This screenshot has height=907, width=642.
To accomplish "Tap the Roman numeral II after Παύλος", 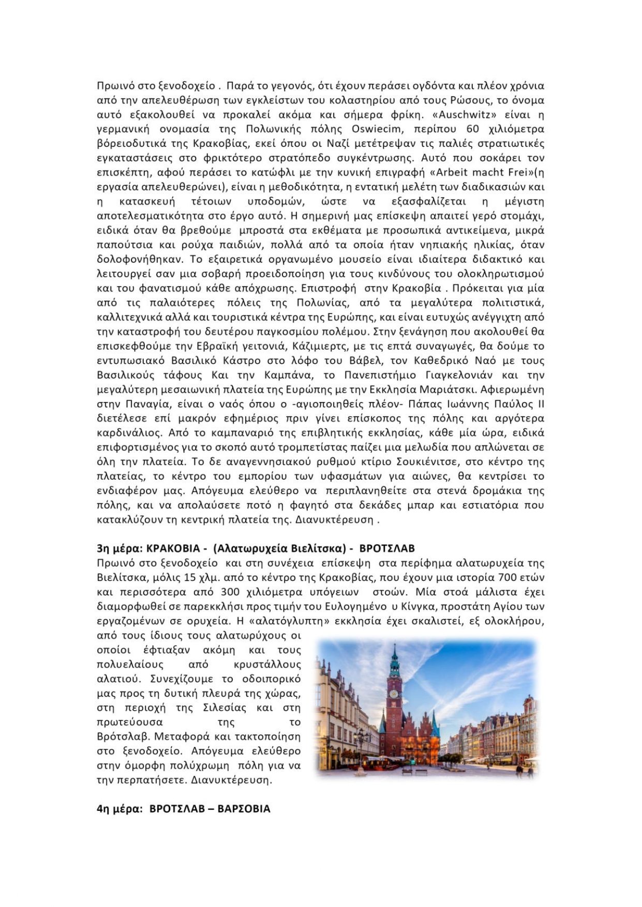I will click(539, 404).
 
